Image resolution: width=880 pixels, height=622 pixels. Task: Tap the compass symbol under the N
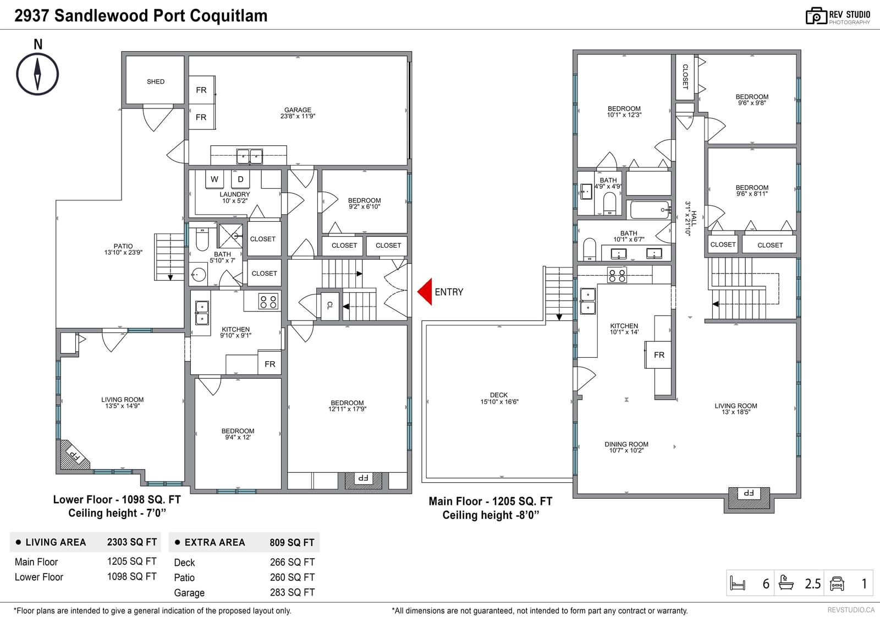coord(37,74)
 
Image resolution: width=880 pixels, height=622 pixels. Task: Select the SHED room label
coord(156,81)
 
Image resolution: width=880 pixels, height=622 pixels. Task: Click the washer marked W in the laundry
coord(215,179)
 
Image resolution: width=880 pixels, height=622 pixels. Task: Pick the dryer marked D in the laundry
coord(240,179)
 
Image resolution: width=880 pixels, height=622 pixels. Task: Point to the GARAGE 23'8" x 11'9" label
coord(298,113)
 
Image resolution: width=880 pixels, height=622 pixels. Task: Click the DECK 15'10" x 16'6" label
coord(499,399)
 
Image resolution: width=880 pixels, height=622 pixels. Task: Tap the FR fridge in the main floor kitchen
coord(659,355)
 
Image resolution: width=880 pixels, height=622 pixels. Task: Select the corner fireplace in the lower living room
coord(75,455)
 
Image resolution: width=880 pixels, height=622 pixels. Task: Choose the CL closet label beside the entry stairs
coord(329,305)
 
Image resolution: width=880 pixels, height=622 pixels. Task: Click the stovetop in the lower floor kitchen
coord(268,302)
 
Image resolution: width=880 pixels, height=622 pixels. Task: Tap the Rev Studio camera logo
coord(816,17)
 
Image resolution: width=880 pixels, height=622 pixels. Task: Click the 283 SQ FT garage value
coord(292,592)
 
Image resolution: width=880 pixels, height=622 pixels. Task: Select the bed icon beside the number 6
coord(738,583)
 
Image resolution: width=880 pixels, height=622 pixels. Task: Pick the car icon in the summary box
coord(837,583)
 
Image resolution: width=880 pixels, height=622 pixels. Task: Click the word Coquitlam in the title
coord(229,16)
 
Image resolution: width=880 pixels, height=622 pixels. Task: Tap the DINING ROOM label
coord(626,444)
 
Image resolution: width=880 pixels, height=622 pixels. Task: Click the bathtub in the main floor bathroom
coord(650,210)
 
